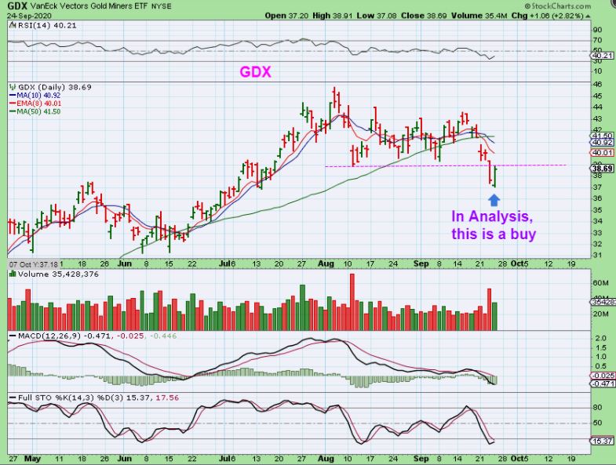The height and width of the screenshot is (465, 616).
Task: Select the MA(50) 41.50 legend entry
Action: click(37, 111)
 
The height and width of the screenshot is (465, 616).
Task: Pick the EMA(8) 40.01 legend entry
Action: click(36, 103)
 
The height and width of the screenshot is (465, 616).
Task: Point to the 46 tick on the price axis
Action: click(596, 83)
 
